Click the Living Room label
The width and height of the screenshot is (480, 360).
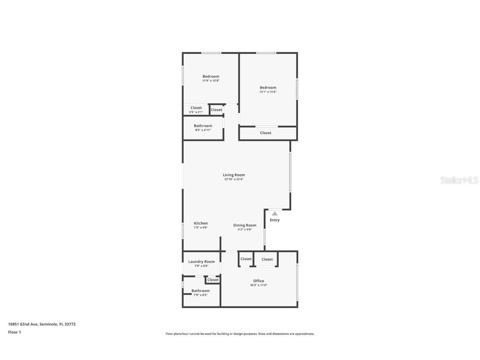[234, 175]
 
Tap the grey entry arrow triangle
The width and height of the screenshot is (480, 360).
[275, 214]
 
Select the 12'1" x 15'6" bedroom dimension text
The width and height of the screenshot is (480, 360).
[268, 92]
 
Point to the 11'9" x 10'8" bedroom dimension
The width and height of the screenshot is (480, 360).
[211, 81]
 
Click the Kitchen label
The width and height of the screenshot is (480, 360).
[200, 223]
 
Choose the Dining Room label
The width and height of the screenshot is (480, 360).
[245, 225]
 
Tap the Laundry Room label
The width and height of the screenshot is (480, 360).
[201, 262]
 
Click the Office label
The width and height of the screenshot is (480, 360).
[258, 281]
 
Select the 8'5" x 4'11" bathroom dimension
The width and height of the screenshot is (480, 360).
[203, 130]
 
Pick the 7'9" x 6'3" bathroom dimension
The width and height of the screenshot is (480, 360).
[200, 295]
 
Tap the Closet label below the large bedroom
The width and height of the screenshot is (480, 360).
[265, 133]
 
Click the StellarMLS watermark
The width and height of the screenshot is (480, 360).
[459, 180]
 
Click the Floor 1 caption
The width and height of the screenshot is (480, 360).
[14, 332]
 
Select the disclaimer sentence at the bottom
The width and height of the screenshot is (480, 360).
[240, 334]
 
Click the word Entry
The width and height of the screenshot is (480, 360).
[275, 220]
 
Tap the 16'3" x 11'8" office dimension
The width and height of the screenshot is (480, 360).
[258, 285]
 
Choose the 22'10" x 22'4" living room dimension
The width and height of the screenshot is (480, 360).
[234, 179]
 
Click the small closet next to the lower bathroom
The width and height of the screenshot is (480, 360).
[213, 280]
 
